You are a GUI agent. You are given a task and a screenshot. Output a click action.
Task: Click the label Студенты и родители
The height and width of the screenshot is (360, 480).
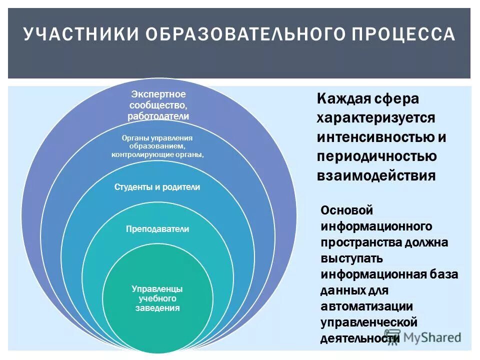(x=157, y=187)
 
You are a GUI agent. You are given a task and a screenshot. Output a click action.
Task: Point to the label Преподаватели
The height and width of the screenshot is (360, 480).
(x=157, y=229)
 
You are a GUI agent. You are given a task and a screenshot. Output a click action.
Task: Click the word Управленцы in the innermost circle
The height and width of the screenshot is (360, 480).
(x=157, y=289)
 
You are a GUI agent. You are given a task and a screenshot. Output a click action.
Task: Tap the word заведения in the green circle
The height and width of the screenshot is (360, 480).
(x=157, y=308)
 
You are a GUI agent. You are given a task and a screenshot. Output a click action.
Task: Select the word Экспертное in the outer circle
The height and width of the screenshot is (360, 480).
(x=158, y=94)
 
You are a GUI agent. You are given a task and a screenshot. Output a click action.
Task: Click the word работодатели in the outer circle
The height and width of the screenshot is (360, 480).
(x=158, y=116)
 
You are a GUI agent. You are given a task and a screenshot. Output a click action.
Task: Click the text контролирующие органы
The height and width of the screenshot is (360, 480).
(x=157, y=154)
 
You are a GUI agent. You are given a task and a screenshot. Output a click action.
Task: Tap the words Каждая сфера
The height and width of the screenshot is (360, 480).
(x=367, y=98)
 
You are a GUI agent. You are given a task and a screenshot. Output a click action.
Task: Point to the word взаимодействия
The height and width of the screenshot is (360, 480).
(x=376, y=176)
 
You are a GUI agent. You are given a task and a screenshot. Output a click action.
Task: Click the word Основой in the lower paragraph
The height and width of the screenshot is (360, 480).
(x=347, y=210)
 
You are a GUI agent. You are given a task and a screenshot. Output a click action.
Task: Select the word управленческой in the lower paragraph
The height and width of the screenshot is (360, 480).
(x=369, y=322)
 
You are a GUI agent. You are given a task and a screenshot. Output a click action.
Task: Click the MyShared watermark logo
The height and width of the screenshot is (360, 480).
(x=422, y=337)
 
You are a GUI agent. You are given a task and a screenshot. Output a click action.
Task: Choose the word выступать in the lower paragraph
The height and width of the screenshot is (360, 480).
(x=352, y=258)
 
